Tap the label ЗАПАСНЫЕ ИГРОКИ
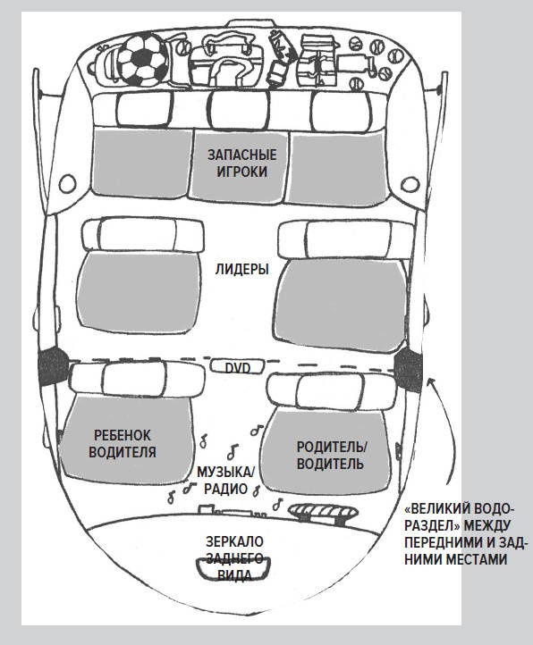coord(241,163)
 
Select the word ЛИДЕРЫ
coord(241,269)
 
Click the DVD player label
coord(238,367)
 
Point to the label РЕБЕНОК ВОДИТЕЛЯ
coord(123,443)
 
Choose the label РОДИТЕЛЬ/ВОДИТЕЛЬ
coord(331,455)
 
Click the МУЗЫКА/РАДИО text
coord(225,480)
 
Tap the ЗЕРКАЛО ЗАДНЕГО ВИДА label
coord(234,558)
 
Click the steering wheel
coord(323,513)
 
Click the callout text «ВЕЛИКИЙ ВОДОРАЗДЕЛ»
coord(465,534)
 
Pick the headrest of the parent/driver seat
coord(331,391)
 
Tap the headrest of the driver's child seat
coord(137,379)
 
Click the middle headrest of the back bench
coord(239,110)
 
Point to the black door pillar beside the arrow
coord(408,370)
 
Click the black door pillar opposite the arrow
coord(53,366)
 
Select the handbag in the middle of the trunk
coord(226,62)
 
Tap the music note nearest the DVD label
coord(257,430)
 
